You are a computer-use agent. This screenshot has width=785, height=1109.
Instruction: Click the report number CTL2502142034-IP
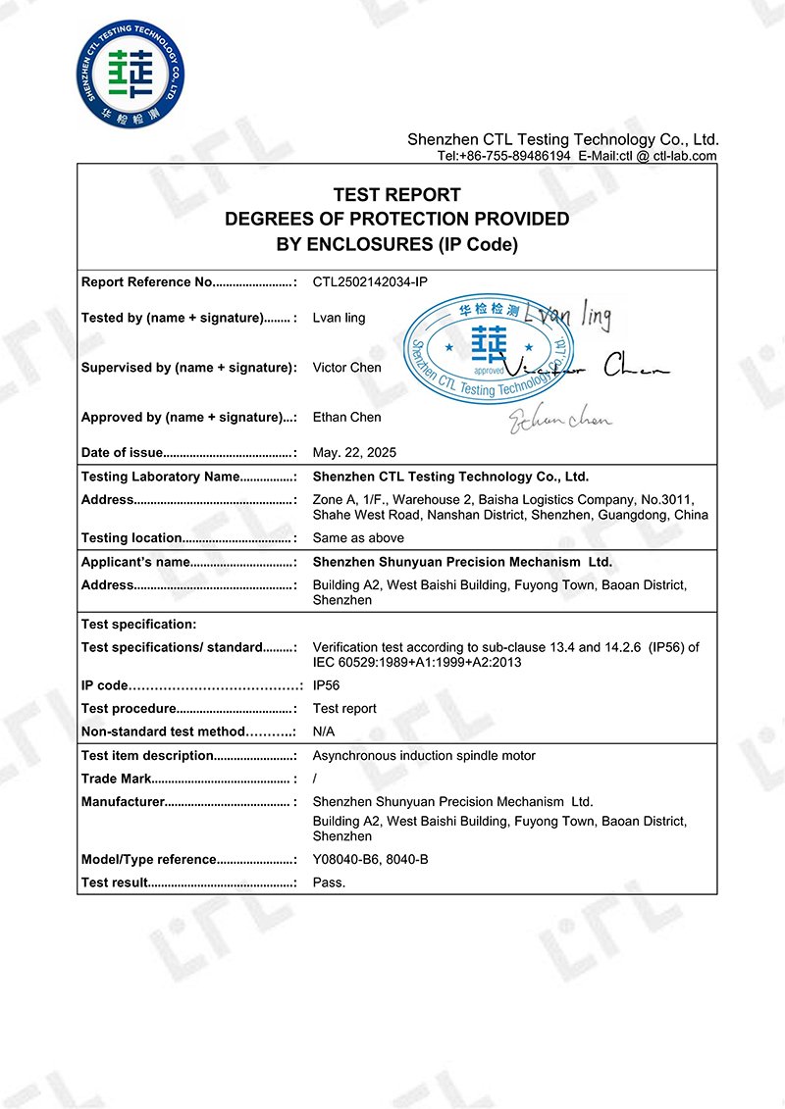tap(370, 282)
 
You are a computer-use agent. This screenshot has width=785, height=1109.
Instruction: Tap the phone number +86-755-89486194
tap(516, 156)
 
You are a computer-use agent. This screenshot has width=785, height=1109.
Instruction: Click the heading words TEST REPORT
tap(396, 195)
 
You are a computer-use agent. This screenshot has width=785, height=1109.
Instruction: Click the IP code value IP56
tap(326, 685)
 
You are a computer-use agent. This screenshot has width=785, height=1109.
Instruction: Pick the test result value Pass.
tap(329, 882)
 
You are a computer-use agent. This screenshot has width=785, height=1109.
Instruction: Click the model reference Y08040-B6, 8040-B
tap(370, 860)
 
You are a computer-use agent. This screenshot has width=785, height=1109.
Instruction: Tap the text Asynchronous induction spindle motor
tap(424, 756)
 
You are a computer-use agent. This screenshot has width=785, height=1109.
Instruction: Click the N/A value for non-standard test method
tap(324, 731)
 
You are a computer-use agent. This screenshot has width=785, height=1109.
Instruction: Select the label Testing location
tap(131, 538)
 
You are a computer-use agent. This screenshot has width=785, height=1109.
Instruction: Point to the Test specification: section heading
tap(138, 625)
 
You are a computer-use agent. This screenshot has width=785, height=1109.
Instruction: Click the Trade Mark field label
tap(116, 780)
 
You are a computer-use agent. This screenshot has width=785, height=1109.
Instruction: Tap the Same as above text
tap(358, 538)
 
